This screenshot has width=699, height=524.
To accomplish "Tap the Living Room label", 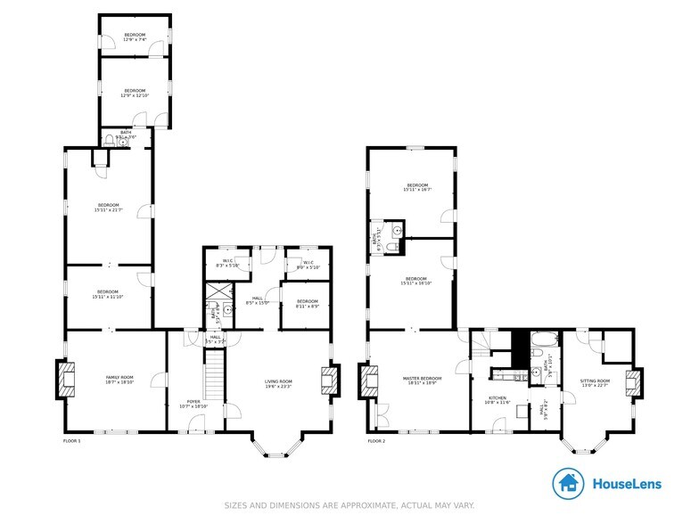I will point(278,384).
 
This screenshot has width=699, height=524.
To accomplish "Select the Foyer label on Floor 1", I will point(193,403).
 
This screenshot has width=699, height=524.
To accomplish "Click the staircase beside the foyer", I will point(212,374).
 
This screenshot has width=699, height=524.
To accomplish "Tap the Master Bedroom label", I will point(416,381).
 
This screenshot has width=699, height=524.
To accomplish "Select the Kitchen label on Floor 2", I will point(497,399).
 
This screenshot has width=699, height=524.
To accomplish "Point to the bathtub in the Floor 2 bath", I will point(543,341).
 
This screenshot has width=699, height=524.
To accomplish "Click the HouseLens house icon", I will point(568,484).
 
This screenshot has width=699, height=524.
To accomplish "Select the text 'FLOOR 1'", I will point(71,441).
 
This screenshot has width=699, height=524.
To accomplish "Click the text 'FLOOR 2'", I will point(376,441).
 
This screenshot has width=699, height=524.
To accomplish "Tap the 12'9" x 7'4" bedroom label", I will point(135,37).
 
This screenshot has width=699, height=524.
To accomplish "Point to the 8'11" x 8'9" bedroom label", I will point(307,303).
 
